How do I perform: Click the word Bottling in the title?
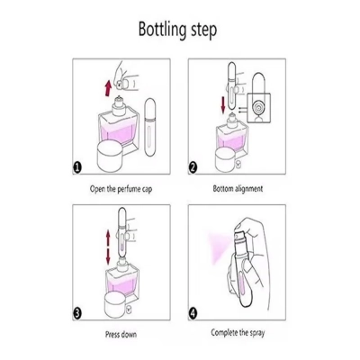[162, 30]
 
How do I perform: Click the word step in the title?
[203, 31]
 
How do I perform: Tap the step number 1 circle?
[77, 167]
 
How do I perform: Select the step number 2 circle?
[193, 167]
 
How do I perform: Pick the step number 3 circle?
[77, 314]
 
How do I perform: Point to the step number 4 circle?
[193, 314]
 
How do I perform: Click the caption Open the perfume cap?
[121, 189]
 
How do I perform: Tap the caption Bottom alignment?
[238, 189]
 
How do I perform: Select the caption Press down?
[121, 334]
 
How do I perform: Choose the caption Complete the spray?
[238, 333]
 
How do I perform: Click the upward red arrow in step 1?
[108, 88]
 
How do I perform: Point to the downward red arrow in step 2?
[223, 105]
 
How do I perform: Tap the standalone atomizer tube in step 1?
[149, 128]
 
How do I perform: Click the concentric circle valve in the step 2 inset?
[258, 108]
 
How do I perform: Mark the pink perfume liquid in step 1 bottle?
[120, 134]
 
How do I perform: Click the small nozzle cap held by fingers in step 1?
[121, 85]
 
